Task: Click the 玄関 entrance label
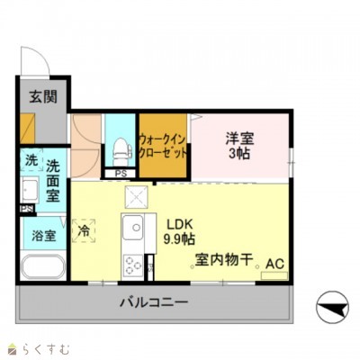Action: point(39,97)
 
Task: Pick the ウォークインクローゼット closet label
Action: point(163,146)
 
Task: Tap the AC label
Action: point(274,264)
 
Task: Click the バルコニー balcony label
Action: point(154,302)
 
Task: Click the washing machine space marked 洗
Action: point(31,160)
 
